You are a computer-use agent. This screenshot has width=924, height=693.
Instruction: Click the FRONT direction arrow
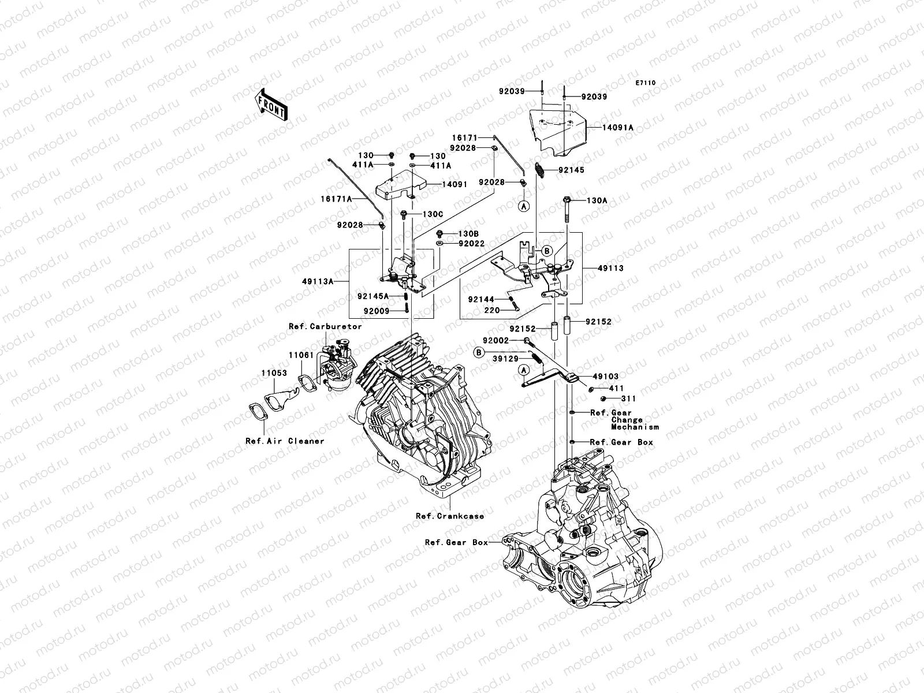pyautogui.click(x=271, y=105)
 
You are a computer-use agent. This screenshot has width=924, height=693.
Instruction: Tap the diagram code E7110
pyautogui.click(x=645, y=83)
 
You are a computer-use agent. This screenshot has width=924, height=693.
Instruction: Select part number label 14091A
pyautogui.click(x=617, y=127)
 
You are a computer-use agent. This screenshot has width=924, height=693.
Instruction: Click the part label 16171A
pyautogui.click(x=336, y=199)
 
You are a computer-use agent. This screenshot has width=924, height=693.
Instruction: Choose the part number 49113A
pyautogui.click(x=318, y=281)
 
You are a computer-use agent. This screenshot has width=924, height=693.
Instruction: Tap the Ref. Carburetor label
pyautogui.click(x=325, y=326)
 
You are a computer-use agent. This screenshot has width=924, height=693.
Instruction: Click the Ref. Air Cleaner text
pyautogui.click(x=285, y=441)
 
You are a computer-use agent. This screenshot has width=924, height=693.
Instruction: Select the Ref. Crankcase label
pyautogui.click(x=449, y=516)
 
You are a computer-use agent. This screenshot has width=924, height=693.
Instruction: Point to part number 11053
pyautogui.click(x=274, y=373)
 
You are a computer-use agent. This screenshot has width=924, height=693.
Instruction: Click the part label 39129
pyautogui.click(x=505, y=359)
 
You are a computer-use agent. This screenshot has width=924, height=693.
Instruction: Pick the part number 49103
pyautogui.click(x=605, y=377)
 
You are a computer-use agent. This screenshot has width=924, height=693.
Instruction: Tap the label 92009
pyautogui.click(x=377, y=311)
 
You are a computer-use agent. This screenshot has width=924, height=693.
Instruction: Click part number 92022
pyautogui.click(x=471, y=244)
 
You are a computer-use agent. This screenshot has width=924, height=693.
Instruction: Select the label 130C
pyautogui.click(x=433, y=214)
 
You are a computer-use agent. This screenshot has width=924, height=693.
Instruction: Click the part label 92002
pyautogui.click(x=496, y=340)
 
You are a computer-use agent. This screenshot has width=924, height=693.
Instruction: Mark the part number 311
pyautogui.click(x=628, y=398)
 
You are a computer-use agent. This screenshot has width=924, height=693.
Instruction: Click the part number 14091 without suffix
pyautogui.click(x=454, y=184)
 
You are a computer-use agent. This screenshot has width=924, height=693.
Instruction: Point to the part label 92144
pyautogui.click(x=481, y=300)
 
